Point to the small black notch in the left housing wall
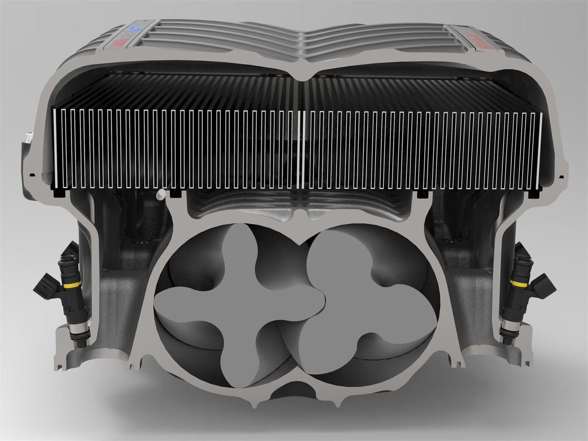click(x=31, y=173)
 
